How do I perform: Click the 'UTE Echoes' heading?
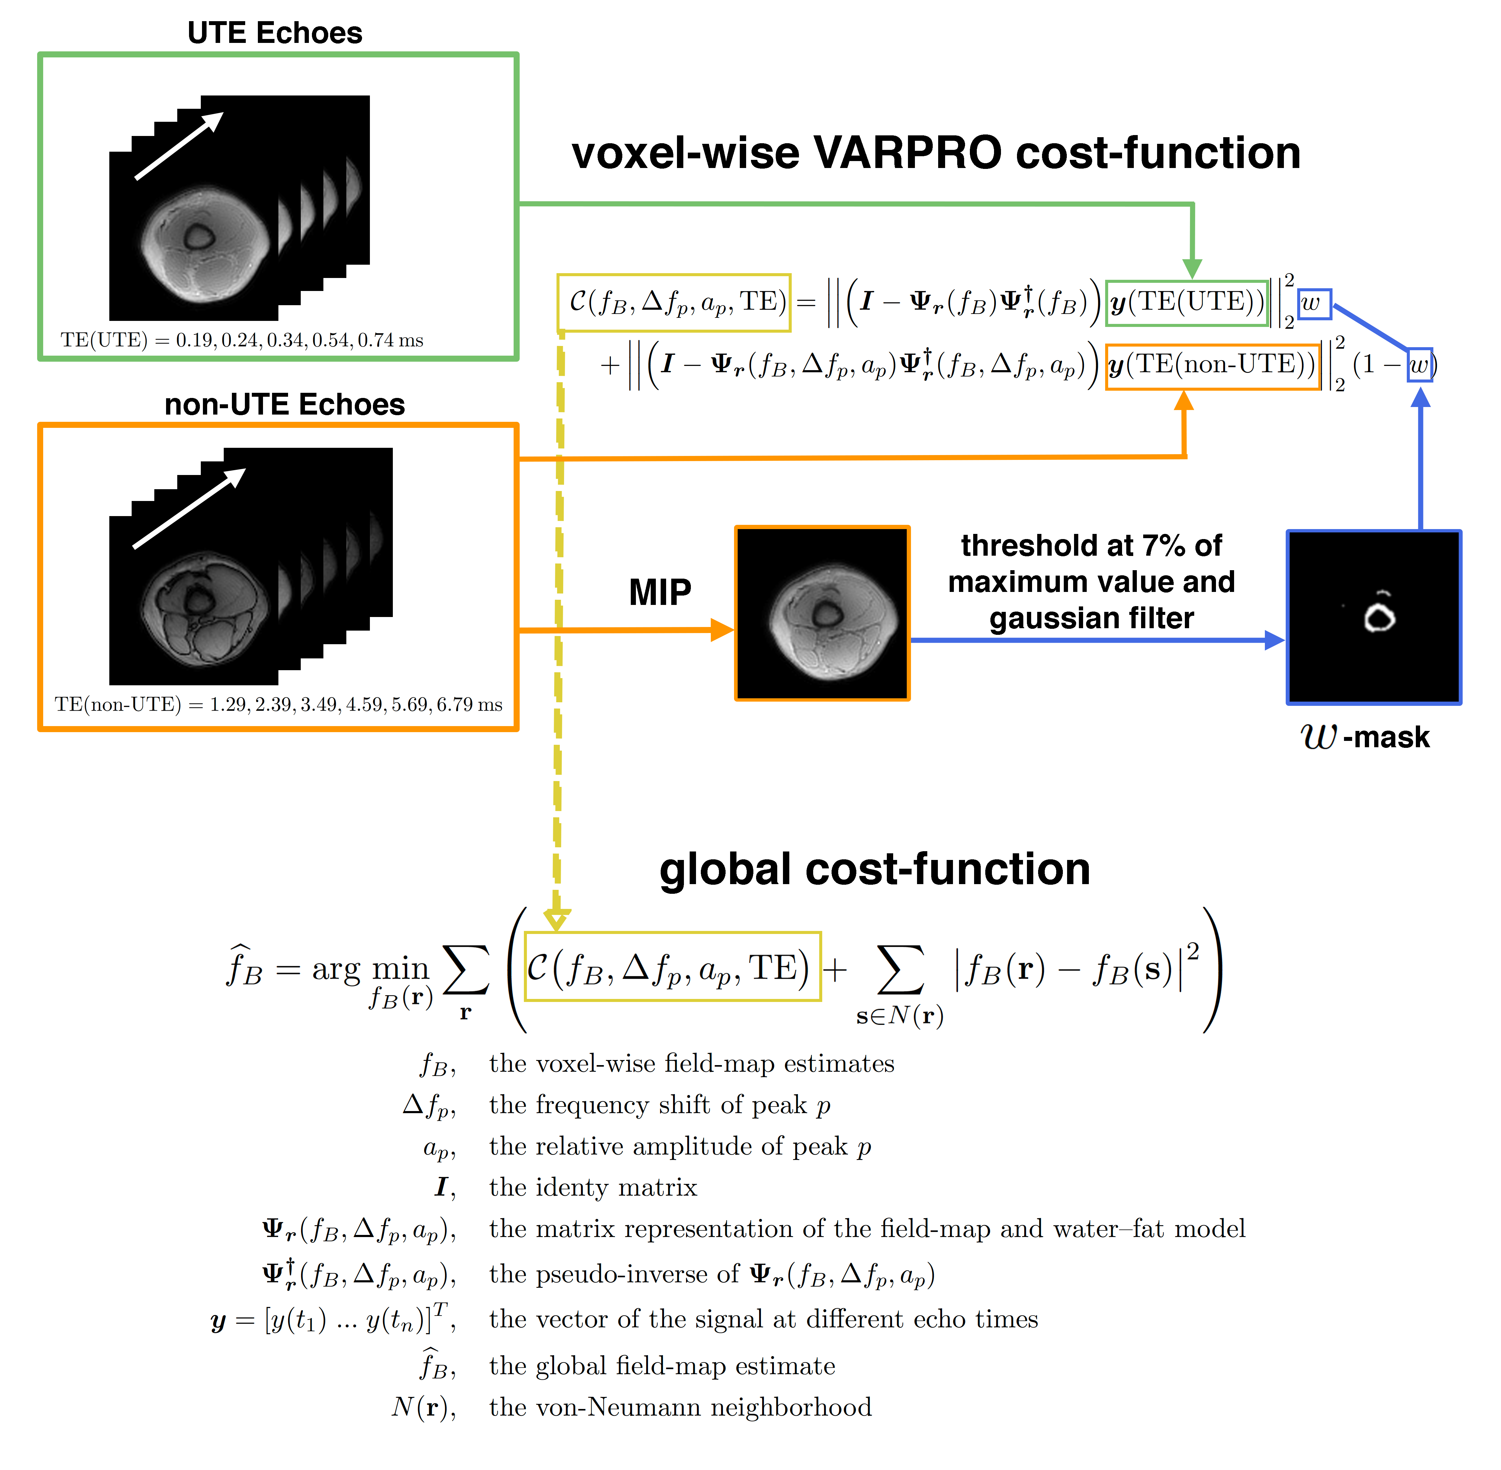pyautogui.click(x=275, y=33)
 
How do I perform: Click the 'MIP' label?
pyautogui.click(x=660, y=593)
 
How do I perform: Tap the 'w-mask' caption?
pyautogui.click(x=1365, y=737)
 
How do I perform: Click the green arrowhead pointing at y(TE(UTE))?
pyautogui.click(x=1192, y=269)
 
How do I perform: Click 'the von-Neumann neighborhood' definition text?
pyautogui.click(x=680, y=1407)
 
